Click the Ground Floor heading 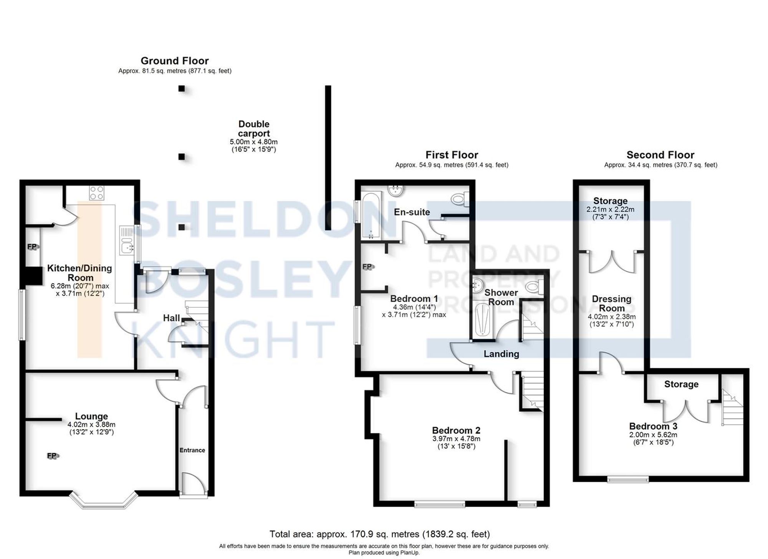click(174, 61)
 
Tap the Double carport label click(254, 129)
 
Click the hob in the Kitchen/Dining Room click(96, 192)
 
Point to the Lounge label click(91, 416)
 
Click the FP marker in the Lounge click(52, 456)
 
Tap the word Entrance click(192, 450)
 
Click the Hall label click(171, 318)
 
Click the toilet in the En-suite click(459, 199)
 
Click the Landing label click(501, 354)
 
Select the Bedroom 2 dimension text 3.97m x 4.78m click(456, 439)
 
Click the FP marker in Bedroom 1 click(367, 266)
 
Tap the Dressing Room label click(611, 304)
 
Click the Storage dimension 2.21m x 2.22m click(610, 209)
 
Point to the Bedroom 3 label click(653, 426)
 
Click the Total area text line click(379, 534)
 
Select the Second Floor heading click(660, 155)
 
